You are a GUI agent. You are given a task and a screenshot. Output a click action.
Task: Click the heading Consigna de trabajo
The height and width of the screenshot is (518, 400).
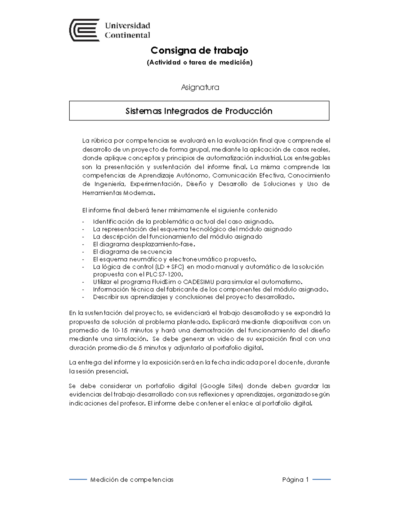pyautogui.click(x=199, y=50)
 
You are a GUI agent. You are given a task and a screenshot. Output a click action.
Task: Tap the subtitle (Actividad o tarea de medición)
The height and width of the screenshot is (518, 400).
pyautogui.click(x=200, y=62)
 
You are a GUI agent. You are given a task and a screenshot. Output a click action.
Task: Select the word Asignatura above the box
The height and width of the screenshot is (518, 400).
pyautogui.click(x=200, y=87)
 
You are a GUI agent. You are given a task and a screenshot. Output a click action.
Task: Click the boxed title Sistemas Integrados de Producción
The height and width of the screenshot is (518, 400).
pyautogui.click(x=199, y=111)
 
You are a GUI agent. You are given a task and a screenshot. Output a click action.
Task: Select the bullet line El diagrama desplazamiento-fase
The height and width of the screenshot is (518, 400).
pyautogui.click(x=144, y=244)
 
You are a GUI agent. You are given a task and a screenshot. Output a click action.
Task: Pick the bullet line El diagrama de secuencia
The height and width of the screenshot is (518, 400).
pyautogui.click(x=132, y=251)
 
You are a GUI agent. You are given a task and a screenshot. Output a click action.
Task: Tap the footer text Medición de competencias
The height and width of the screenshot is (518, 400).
pyautogui.click(x=132, y=480)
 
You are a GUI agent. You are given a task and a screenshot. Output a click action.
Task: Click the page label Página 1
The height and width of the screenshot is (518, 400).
pyautogui.click(x=295, y=480)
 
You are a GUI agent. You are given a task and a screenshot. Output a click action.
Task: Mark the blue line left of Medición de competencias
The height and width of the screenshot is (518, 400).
pyautogui.click(x=78, y=480)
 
